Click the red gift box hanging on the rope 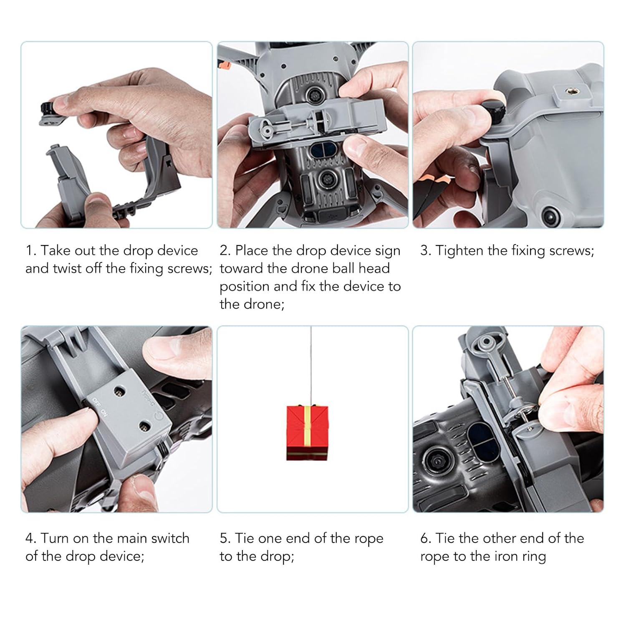[307, 433]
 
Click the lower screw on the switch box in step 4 [145, 426]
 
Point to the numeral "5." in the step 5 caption [225, 538]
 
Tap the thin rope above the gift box [311, 366]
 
